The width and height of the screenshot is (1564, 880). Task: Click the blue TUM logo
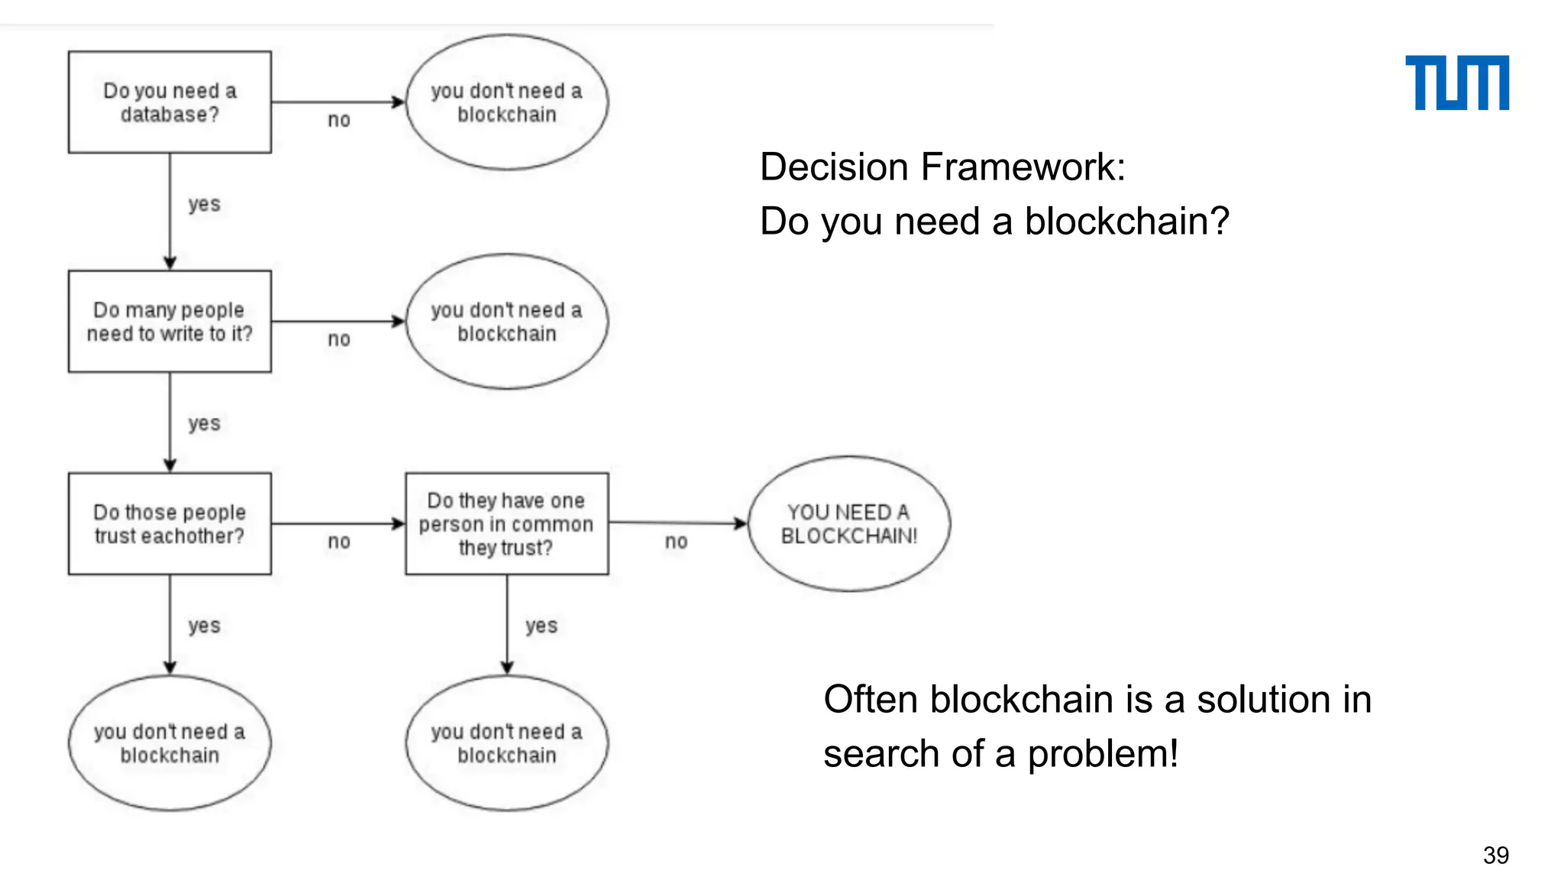1456,82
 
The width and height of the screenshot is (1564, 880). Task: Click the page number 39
1495,855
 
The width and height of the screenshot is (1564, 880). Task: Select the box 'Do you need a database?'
170,102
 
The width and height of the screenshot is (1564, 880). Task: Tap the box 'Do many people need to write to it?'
170,322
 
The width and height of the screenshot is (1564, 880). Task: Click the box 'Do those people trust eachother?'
170,524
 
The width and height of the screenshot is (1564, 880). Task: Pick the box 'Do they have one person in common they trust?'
506,524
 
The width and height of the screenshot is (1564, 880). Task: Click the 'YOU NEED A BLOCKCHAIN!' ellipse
848,524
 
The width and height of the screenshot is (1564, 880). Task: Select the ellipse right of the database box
506,102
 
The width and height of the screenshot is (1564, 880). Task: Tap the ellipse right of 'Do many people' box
506,322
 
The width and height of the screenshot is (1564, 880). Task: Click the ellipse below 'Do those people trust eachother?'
170,743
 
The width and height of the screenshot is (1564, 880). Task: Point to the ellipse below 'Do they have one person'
506,743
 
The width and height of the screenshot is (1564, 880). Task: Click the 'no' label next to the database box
339,120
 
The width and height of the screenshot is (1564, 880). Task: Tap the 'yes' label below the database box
204,204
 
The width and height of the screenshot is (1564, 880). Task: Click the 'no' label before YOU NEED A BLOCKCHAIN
676,542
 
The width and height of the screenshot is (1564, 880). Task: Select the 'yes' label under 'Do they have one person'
541,626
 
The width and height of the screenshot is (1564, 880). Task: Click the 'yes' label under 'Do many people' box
204,423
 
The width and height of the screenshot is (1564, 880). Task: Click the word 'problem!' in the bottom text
1102,754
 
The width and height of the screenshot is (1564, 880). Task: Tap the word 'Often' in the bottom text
871,700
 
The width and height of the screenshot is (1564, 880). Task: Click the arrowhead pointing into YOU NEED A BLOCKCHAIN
740,523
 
